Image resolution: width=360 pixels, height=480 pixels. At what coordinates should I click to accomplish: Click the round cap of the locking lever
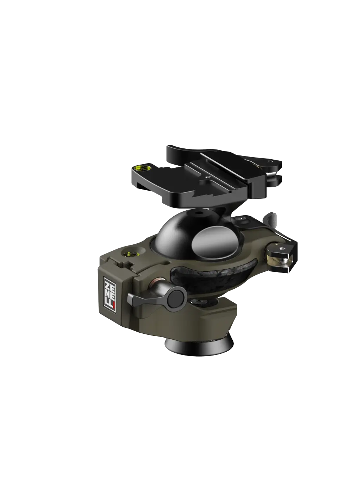175,299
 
